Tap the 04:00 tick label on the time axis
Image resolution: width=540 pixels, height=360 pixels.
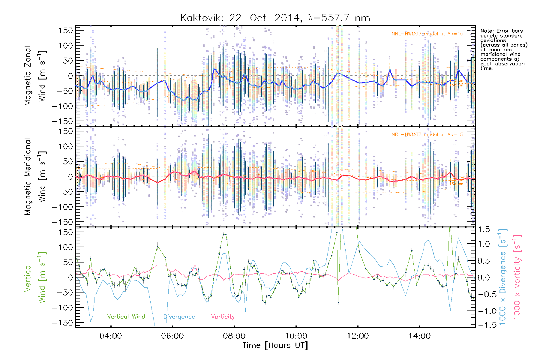(x=111, y=336)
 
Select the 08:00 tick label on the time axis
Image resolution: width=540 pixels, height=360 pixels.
(x=234, y=336)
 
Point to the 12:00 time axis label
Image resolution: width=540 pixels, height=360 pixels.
(x=358, y=336)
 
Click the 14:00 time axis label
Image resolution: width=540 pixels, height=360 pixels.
(x=419, y=336)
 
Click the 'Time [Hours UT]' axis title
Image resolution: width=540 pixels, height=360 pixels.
(x=275, y=345)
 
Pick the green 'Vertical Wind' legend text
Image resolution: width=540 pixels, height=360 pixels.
(x=126, y=317)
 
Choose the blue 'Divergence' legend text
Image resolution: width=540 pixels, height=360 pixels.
(x=179, y=317)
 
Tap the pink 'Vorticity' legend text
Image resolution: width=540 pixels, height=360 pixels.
(x=223, y=317)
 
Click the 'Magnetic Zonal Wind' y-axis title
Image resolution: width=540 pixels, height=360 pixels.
(x=35, y=76)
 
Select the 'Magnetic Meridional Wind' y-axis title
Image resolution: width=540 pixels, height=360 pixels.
(x=35, y=177)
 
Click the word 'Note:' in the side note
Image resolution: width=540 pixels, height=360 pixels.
(x=486, y=31)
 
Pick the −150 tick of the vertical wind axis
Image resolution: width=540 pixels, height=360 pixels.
(x=62, y=323)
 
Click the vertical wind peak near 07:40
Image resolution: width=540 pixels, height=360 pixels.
(x=226, y=234)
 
